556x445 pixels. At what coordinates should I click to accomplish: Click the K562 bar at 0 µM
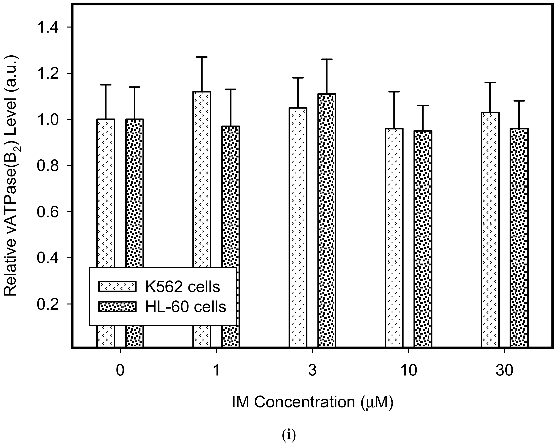(x=106, y=193)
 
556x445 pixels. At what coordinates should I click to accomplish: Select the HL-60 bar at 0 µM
(x=134, y=193)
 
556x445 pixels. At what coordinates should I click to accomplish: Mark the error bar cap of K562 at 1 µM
(x=202, y=57)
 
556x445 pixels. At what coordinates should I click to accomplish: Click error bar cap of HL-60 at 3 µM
(x=327, y=59)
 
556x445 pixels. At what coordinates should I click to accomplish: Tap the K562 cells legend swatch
(x=117, y=287)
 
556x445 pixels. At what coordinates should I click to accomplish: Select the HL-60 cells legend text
(x=186, y=307)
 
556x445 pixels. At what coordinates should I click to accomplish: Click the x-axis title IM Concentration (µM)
(x=312, y=402)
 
